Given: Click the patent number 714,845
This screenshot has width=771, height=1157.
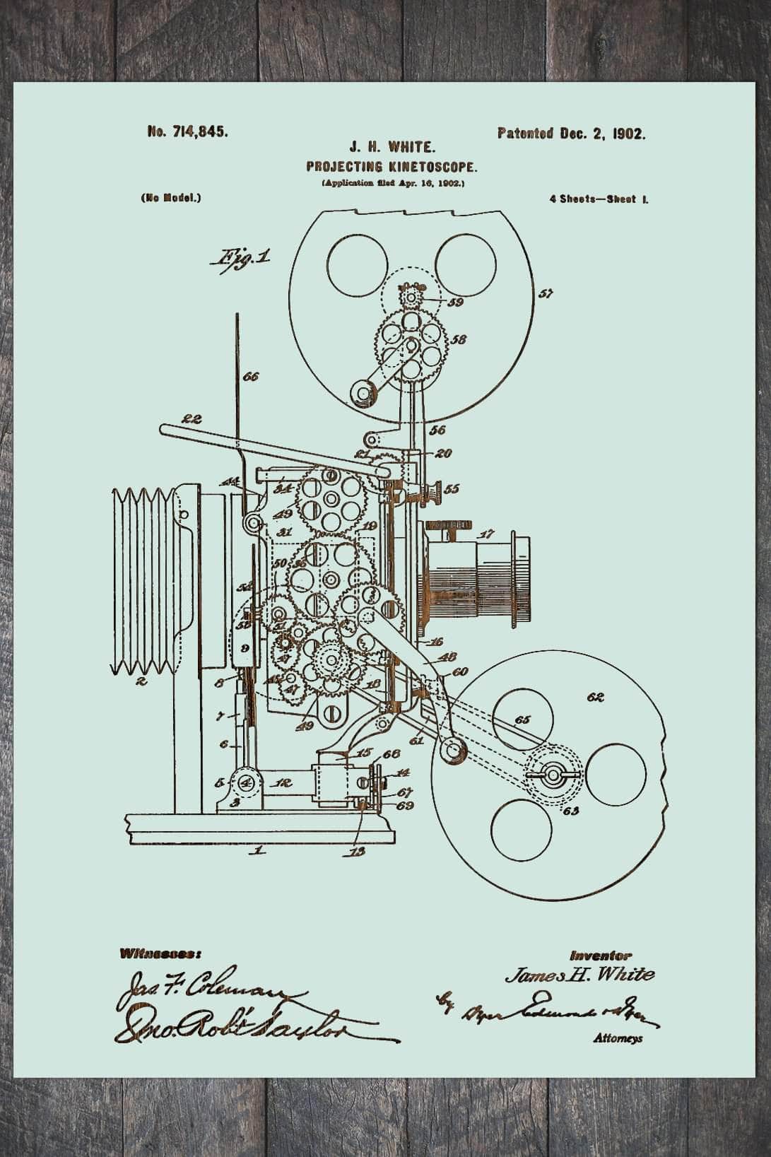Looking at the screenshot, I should (x=187, y=131).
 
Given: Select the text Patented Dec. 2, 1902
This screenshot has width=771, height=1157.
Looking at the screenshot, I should (x=571, y=133).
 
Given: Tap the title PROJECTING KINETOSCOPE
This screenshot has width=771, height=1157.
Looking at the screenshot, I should (x=392, y=168).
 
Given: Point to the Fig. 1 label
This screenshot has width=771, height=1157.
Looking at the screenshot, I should (x=238, y=257).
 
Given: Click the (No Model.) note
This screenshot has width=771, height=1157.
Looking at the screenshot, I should (x=170, y=199).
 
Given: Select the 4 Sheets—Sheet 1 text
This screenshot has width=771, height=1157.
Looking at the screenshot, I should (x=599, y=199).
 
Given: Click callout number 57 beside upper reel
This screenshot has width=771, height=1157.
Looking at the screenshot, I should (x=545, y=293).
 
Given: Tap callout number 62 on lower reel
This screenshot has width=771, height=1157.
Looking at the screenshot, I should (x=595, y=698).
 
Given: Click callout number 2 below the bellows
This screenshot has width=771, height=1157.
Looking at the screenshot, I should (x=141, y=682).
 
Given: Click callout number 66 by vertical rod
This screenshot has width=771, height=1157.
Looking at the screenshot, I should (x=250, y=377).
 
